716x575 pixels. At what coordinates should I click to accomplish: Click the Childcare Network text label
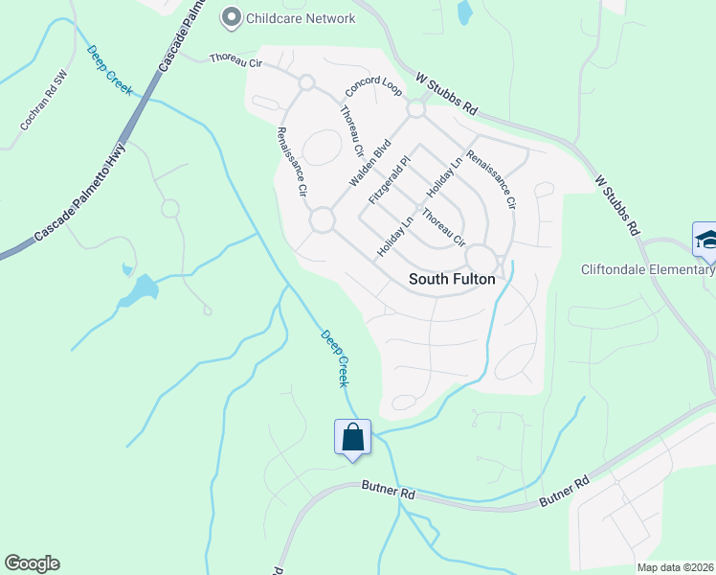click(x=301, y=18)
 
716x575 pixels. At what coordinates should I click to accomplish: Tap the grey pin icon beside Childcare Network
click(x=231, y=17)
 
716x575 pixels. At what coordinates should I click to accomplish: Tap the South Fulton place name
click(x=452, y=279)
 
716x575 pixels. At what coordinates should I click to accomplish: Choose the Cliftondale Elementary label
click(x=648, y=269)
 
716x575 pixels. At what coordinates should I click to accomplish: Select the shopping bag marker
click(x=353, y=438)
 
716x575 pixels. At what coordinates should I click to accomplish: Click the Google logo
click(x=32, y=563)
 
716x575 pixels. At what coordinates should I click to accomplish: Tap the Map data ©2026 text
click(x=675, y=566)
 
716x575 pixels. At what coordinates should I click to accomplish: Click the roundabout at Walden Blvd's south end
click(x=322, y=220)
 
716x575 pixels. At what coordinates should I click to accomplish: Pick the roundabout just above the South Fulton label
click(x=481, y=259)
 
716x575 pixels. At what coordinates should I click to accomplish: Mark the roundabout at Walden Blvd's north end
click(x=415, y=109)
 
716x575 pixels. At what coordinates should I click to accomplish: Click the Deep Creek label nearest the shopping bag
click(x=336, y=358)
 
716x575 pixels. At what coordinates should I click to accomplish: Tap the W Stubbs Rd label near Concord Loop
click(x=447, y=94)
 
